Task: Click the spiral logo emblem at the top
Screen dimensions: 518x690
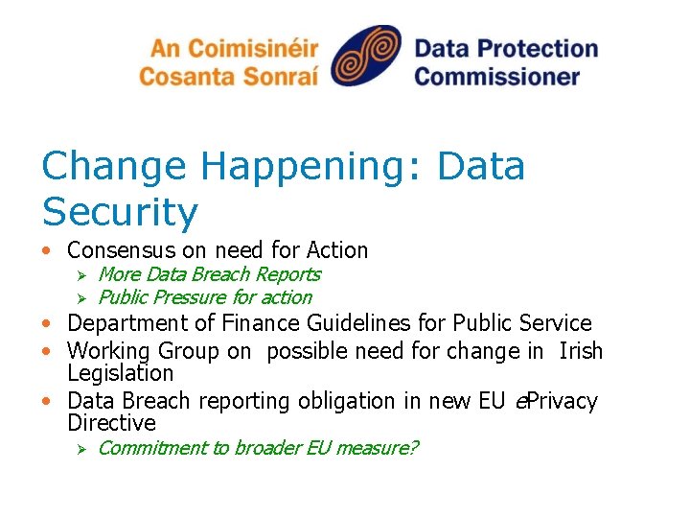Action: pos(366,58)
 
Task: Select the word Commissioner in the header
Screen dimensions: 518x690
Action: pos(497,75)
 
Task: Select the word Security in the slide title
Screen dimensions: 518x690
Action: pos(120,212)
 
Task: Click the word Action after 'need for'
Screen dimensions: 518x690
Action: pos(336,250)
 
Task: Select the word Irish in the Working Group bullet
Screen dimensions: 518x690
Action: pos(580,350)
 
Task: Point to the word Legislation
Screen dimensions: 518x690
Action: pos(121,373)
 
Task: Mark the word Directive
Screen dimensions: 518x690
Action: pos(111,423)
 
